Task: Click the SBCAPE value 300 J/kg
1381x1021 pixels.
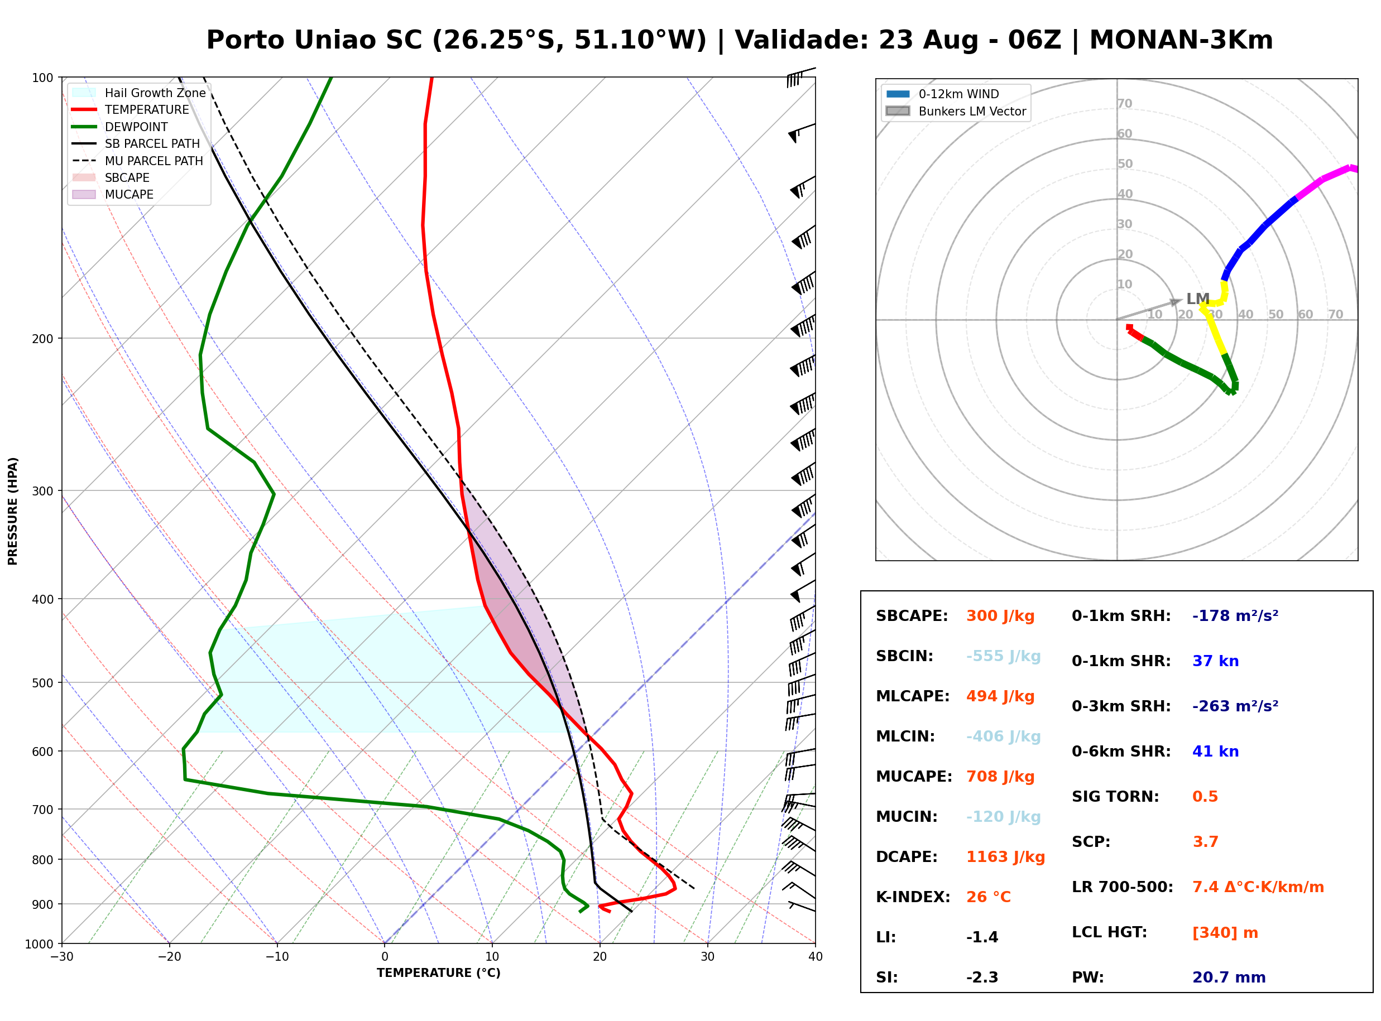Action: point(1000,616)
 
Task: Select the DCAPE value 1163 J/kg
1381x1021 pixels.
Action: point(1005,857)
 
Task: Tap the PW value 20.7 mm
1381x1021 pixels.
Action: point(1229,977)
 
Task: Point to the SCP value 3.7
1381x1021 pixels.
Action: point(1205,842)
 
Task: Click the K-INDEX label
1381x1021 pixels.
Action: point(913,897)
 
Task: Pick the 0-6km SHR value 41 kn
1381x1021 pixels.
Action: point(1215,752)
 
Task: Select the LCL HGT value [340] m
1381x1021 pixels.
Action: point(1225,933)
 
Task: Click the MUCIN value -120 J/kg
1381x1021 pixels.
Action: point(1003,817)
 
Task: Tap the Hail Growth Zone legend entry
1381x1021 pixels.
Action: point(139,93)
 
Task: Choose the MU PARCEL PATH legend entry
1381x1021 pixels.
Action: point(138,161)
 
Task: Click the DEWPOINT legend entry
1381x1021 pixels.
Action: point(120,127)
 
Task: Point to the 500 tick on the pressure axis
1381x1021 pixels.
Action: point(44,683)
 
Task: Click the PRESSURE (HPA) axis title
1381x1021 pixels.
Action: point(13,511)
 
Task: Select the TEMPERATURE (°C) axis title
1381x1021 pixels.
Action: point(439,974)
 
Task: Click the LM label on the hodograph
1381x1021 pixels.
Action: point(1197,299)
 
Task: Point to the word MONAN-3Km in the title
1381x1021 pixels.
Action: point(1181,40)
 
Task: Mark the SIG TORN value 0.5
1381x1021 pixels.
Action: point(1205,797)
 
